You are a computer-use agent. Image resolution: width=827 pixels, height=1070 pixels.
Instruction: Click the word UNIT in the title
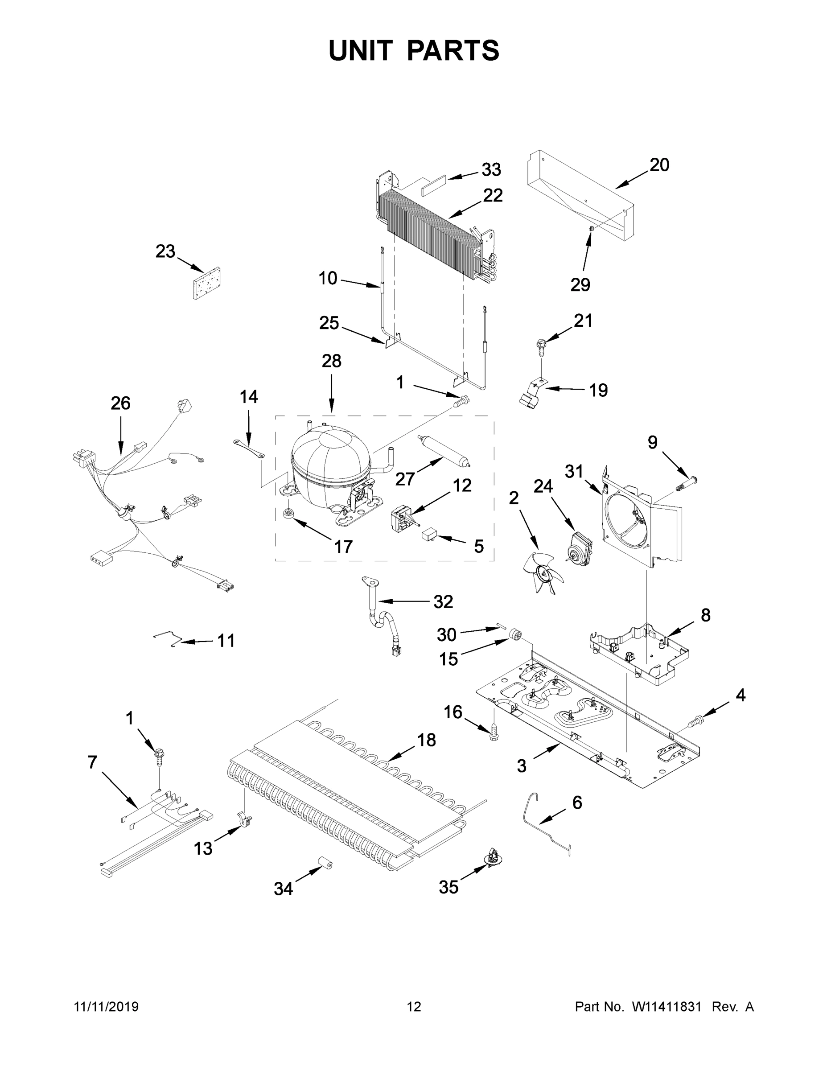click(360, 50)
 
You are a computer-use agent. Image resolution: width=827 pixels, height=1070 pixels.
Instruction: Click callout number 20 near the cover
click(659, 165)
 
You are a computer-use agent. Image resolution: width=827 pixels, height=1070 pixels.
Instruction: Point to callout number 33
click(491, 170)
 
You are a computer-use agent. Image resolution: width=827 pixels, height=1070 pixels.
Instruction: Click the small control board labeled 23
click(207, 283)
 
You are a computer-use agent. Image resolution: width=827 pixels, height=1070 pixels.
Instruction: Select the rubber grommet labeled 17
click(289, 514)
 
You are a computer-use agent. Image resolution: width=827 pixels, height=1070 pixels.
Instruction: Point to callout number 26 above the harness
click(120, 403)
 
